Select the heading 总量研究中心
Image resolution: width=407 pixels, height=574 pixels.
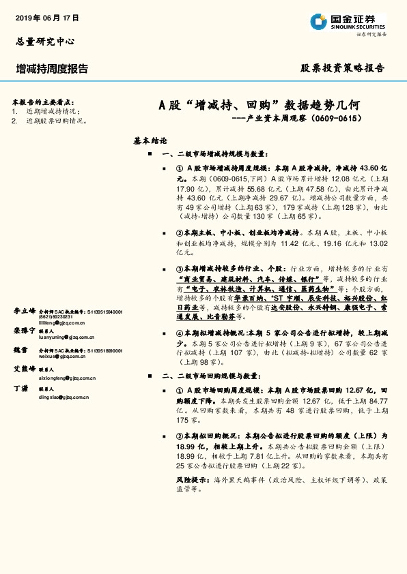[44, 41]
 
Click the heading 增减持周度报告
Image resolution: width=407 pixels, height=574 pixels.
[52, 68]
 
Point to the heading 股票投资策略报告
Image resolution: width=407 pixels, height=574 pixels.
[343, 68]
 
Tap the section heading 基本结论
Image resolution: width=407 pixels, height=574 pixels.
[150, 141]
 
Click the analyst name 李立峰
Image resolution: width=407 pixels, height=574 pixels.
[24, 311]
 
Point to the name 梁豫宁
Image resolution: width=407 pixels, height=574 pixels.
[24, 330]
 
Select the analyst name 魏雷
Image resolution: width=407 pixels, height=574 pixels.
[20, 350]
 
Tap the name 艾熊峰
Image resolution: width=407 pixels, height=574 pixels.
[24, 369]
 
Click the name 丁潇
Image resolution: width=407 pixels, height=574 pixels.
[20, 388]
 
